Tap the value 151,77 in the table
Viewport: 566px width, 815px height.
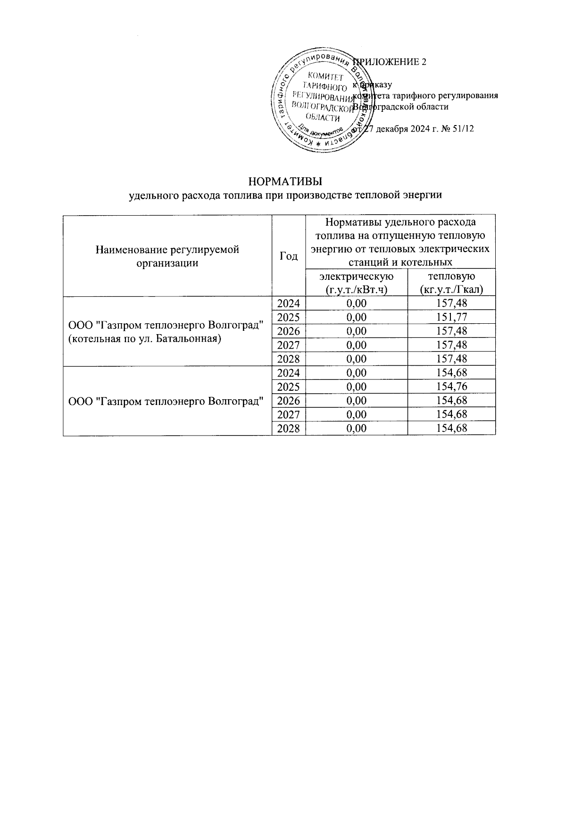[452, 317]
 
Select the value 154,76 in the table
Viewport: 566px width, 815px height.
[452, 387]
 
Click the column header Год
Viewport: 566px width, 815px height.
[289, 256]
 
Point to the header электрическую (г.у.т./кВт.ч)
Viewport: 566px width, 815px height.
[356, 282]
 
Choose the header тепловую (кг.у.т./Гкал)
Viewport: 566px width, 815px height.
[451, 282]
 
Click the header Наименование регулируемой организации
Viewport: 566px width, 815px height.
[167, 256]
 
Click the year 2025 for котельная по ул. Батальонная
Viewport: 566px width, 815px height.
[289, 317]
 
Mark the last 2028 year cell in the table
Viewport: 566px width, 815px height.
[289, 429]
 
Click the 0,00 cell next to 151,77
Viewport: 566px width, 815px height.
[356, 317]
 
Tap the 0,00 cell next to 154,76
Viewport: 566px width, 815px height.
[356, 387]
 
